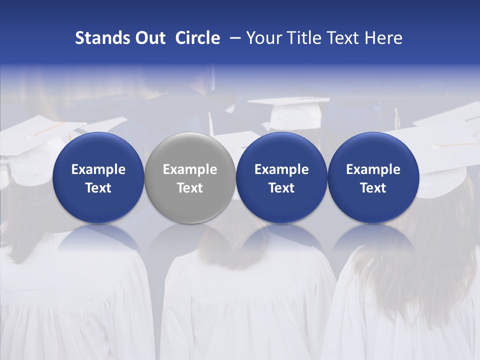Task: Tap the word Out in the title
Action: click(x=149, y=38)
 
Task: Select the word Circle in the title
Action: click(x=197, y=38)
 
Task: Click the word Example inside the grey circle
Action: click(x=190, y=170)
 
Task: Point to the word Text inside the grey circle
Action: click(x=190, y=188)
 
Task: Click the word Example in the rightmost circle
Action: click(x=373, y=170)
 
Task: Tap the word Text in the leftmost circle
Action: click(x=98, y=188)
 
